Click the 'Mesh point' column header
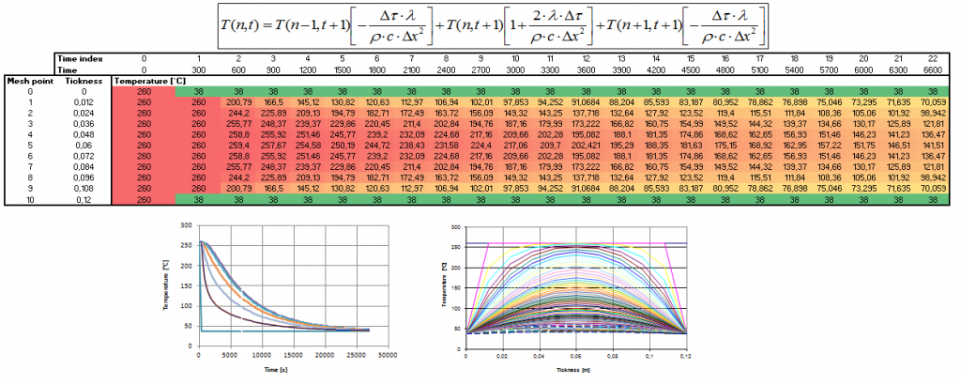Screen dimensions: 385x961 (25, 81)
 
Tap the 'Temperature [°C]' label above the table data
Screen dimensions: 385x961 (144, 81)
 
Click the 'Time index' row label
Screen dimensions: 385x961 (77, 59)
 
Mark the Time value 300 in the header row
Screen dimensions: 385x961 (199, 70)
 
